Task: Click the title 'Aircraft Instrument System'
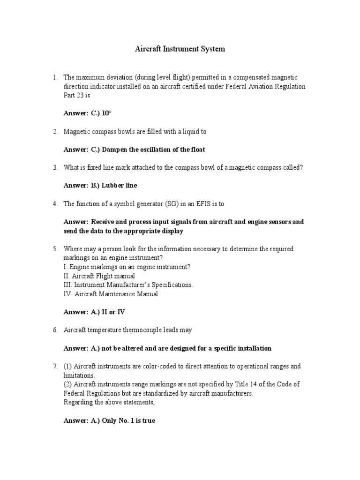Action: (x=180, y=49)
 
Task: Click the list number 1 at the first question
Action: (x=54, y=77)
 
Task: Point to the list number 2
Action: (x=54, y=132)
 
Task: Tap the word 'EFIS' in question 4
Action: (x=200, y=203)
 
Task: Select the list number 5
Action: (x=54, y=249)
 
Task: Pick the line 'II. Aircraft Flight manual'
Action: (x=99, y=276)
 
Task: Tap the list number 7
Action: (x=54, y=366)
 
